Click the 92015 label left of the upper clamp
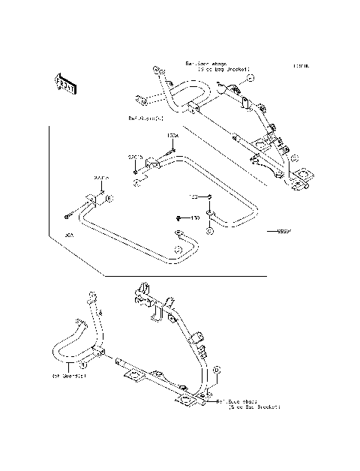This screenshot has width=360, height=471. pos(135,157)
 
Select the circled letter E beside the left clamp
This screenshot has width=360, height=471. pos(109,199)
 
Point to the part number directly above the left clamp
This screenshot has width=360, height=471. pos(101,178)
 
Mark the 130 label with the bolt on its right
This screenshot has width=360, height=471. pos(193,196)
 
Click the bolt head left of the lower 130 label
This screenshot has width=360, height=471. pos(180,218)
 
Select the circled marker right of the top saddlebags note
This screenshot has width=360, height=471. pos(251,78)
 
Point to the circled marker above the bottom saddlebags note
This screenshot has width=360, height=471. pos(217,370)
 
